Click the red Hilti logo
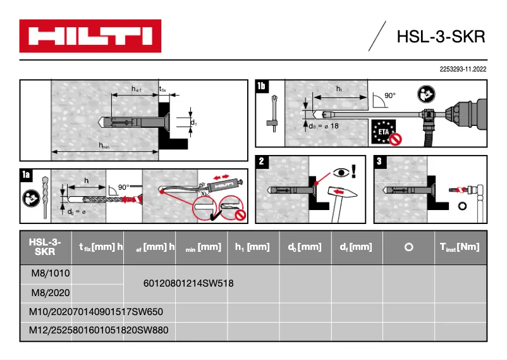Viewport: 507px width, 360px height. (x=90, y=35)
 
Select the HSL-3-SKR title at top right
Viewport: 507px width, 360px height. (x=441, y=37)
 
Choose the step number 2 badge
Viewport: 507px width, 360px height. (x=262, y=161)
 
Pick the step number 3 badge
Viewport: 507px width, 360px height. (x=379, y=161)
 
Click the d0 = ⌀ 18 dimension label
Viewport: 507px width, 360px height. (x=322, y=127)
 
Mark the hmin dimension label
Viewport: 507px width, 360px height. (x=105, y=147)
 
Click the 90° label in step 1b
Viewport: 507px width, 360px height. (x=389, y=96)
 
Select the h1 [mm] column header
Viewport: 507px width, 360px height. (x=252, y=247)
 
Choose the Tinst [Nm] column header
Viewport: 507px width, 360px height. (x=460, y=247)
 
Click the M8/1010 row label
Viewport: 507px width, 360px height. (x=49, y=273)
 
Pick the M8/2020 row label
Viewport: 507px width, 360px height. (x=49, y=293)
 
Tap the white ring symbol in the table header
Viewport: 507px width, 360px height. (x=408, y=247)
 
